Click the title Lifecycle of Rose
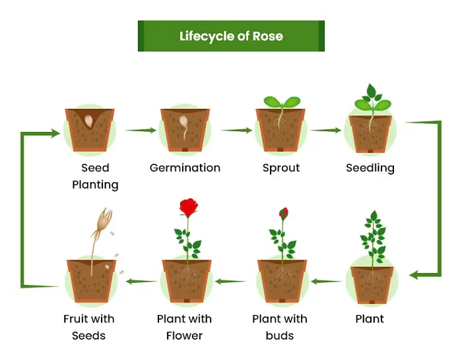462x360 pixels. [x=231, y=36]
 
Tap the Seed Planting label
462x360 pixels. [x=95, y=176]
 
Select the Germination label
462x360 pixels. [x=185, y=167]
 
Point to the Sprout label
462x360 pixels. [x=280, y=167]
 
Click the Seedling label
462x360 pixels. [x=370, y=167]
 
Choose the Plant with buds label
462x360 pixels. [x=280, y=327]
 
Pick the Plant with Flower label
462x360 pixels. [x=185, y=327]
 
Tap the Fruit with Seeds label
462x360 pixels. [x=89, y=327]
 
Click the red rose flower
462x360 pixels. [x=189, y=208]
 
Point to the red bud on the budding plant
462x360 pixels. [x=284, y=213]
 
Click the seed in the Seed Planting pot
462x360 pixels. [x=89, y=121]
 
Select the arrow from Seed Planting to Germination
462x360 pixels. [x=141, y=131]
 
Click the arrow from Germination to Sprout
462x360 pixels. [x=236, y=131]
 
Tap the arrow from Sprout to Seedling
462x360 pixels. [x=326, y=131]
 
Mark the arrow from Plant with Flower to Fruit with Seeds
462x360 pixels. [x=141, y=282]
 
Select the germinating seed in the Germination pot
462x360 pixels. [x=185, y=125]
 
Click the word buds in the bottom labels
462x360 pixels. [x=280, y=336]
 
